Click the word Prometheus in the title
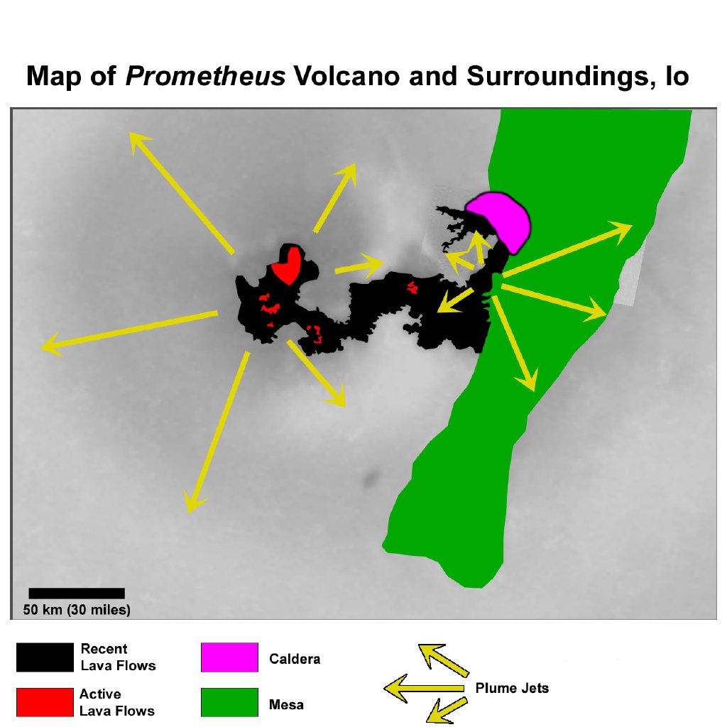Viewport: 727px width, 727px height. (205, 76)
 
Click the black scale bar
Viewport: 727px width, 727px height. (77, 593)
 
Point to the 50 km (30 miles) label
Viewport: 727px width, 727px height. (77, 609)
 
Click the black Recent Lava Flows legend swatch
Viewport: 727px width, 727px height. (45, 657)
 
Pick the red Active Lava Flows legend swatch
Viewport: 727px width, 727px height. (45, 702)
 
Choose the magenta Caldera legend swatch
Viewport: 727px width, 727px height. (229, 657)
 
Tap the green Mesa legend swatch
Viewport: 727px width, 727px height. (229, 702)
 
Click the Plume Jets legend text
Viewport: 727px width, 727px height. (512, 688)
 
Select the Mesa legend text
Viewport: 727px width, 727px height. (286, 705)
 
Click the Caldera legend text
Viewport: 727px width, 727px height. (295, 659)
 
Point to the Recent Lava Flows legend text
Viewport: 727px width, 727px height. (118, 657)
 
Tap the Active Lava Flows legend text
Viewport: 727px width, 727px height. (116, 702)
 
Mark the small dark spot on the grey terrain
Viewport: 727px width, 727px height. (370, 481)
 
